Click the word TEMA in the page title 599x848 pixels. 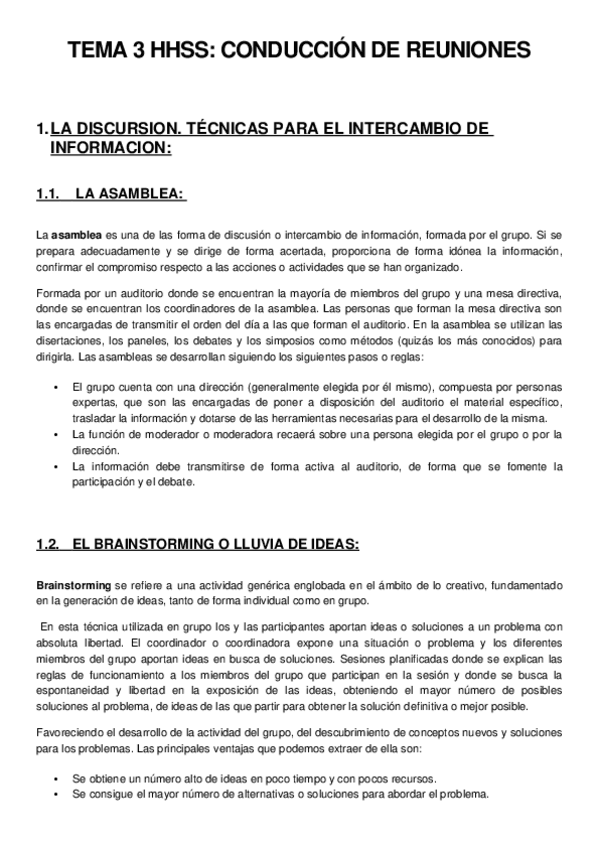pos(99,50)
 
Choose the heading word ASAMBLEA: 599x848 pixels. pos(145,194)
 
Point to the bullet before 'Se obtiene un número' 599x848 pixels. pos(54,777)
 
